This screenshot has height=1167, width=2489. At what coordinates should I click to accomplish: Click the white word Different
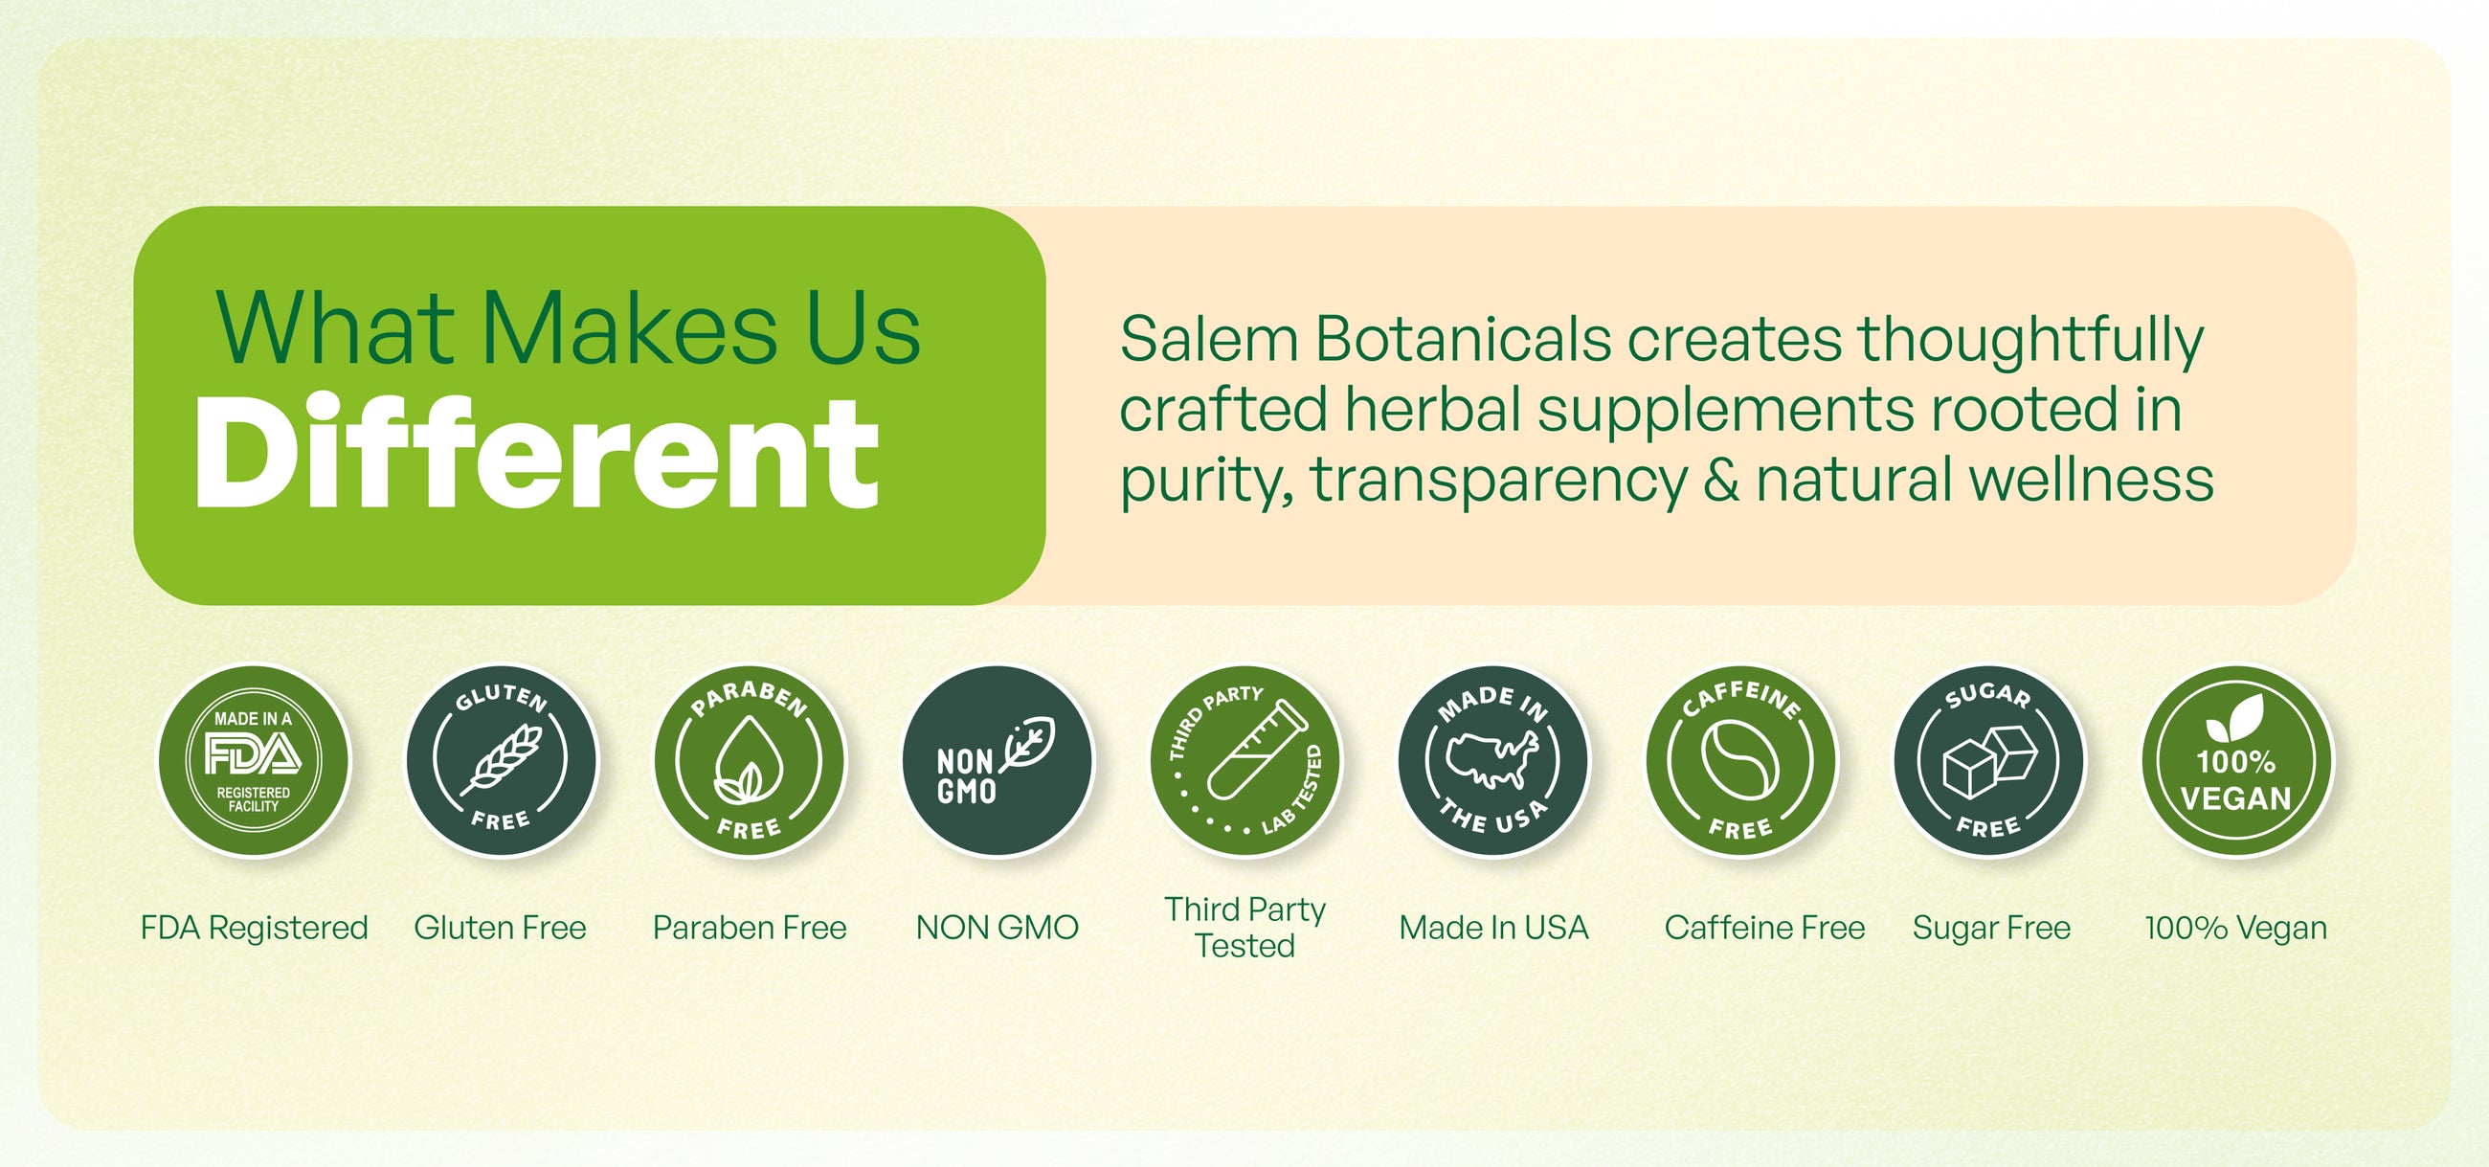537,450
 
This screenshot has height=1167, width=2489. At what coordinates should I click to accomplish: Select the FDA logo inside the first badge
253,753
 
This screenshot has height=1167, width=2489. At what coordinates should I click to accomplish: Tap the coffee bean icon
1739,760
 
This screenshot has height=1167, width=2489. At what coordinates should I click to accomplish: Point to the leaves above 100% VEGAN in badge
2235,718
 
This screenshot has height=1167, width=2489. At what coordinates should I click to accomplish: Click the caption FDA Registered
254,928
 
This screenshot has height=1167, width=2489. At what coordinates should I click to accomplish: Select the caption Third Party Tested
1244,928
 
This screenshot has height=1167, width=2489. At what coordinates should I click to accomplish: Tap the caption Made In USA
1493,928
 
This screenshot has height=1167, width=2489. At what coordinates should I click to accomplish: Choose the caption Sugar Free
1991,928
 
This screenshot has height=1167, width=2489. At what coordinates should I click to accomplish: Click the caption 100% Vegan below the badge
2236,928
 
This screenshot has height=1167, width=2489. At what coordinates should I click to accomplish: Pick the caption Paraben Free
750,928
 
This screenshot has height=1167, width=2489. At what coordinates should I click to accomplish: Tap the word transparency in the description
1498,481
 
